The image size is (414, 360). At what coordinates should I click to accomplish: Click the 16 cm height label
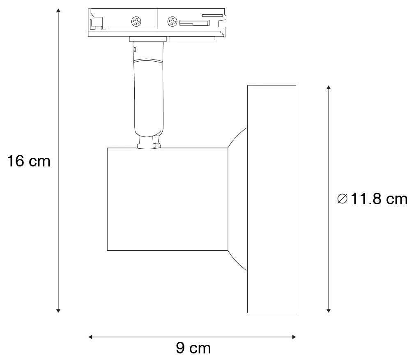(29, 161)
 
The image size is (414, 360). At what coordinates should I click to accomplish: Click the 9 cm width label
(193, 348)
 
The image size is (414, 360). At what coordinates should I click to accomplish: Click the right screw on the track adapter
(172, 21)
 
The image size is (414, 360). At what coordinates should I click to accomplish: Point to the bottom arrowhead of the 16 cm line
(58, 310)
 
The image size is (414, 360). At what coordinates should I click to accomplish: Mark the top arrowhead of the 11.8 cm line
(328, 88)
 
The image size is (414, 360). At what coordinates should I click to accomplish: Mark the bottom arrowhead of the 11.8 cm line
(328, 310)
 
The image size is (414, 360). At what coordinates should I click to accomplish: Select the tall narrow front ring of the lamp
(271, 199)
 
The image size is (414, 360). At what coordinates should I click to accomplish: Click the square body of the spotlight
(167, 199)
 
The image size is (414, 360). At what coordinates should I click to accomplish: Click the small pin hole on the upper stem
(134, 49)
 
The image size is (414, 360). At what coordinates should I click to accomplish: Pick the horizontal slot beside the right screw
(193, 22)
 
